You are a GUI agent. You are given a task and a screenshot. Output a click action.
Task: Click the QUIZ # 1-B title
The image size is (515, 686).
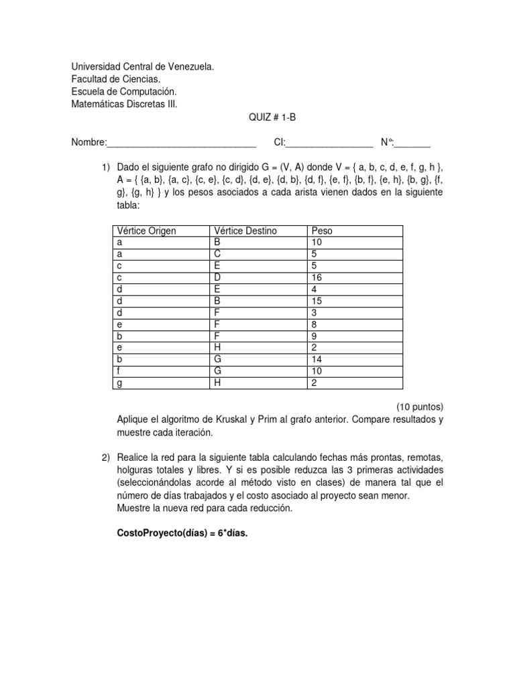(x=272, y=117)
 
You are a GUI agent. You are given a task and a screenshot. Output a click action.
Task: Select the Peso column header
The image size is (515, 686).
(x=322, y=231)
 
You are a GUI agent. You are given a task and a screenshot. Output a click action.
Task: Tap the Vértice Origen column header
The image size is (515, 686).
(x=146, y=231)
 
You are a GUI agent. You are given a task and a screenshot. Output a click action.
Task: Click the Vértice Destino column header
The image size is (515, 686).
(x=245, y=231)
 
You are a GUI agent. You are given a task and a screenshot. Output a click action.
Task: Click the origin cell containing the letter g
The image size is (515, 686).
(x=119, y=383)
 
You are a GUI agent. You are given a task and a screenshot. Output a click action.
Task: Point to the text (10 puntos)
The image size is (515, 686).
(x=420, y=407)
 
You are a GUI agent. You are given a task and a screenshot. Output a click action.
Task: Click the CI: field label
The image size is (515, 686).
(x=280, y=142)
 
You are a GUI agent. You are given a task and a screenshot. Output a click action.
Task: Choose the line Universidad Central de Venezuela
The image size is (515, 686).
(x=143, y=67)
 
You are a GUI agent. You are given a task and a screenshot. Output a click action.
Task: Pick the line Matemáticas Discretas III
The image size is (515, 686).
(x=125, y=104)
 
